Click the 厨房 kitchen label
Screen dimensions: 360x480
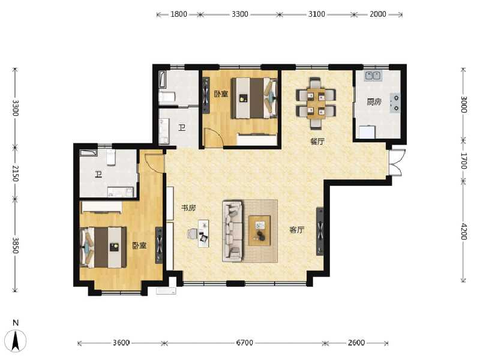374,102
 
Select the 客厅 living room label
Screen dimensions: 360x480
296,230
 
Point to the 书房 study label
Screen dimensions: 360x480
188,208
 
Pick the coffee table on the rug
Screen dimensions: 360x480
260,230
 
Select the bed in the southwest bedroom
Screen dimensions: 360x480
104,247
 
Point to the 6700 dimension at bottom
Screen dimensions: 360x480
244,343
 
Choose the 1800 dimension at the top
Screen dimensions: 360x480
178,14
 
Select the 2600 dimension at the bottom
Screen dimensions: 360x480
356,343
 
